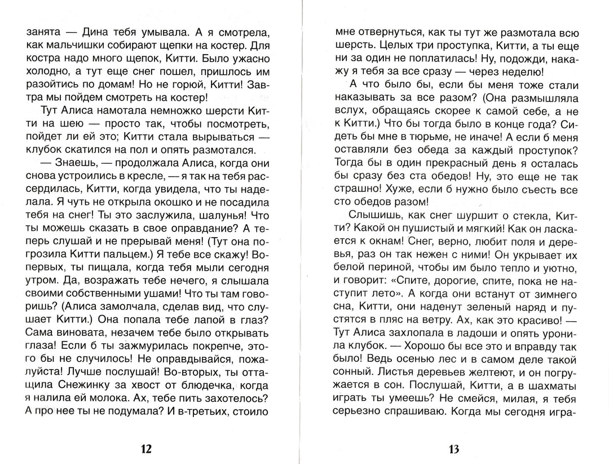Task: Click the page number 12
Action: (x=145, y=449)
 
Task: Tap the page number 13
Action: (x=454, y=449)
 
